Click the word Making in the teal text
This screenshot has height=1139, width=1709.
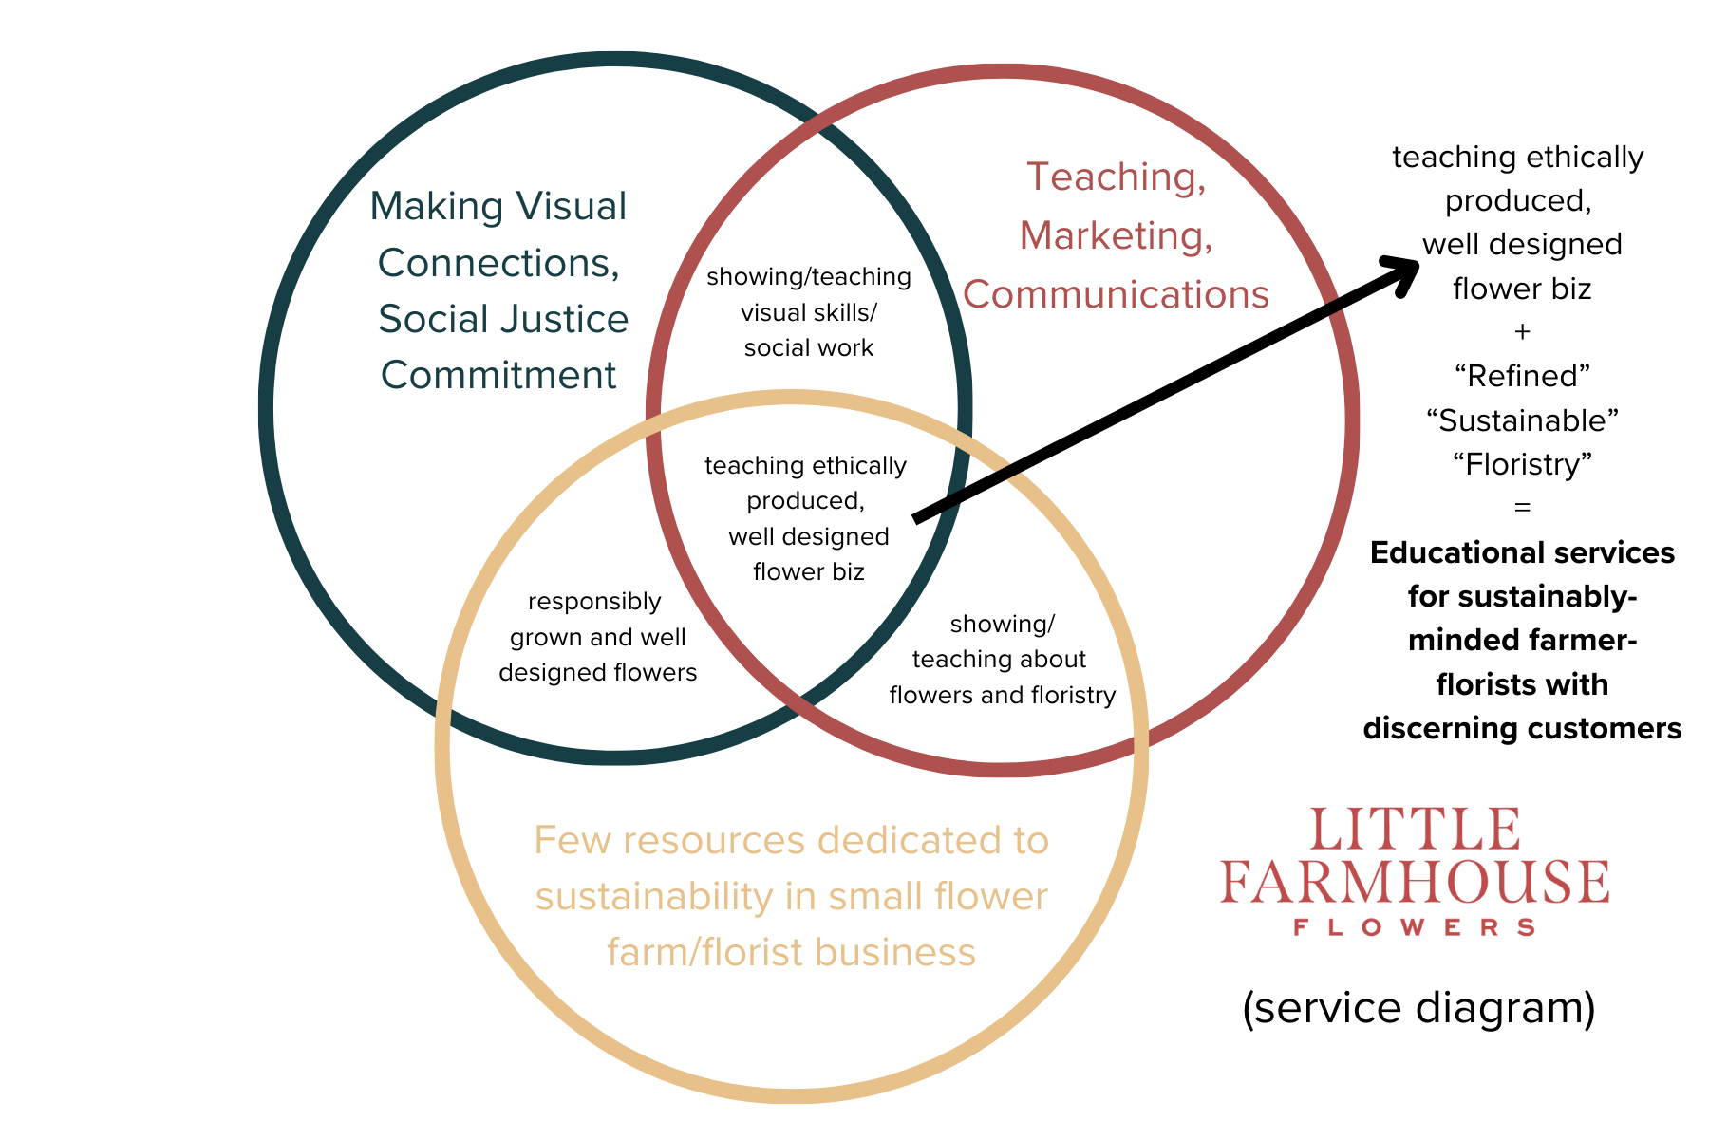437,207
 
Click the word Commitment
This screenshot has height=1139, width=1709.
498,375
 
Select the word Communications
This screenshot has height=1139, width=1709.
1116,294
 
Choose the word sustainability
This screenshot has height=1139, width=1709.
654,897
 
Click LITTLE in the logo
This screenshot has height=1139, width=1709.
1415,830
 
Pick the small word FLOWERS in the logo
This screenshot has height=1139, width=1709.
1415,927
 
